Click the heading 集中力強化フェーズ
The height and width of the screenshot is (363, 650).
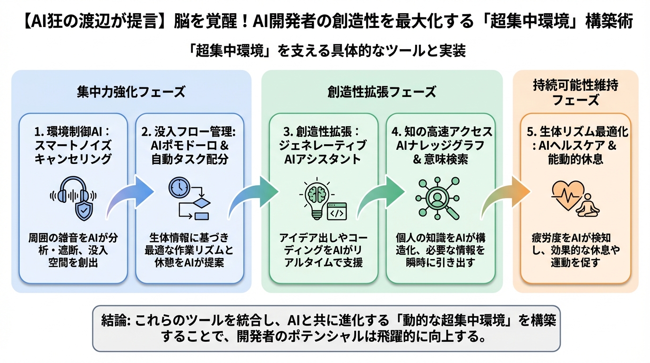coord(131,92)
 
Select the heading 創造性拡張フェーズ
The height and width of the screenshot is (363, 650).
coord(381,92)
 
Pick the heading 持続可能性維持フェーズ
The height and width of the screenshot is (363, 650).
coord(575,93)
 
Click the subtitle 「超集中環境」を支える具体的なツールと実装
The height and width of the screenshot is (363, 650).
coord(325,50)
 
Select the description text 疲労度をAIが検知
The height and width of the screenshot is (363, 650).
coord(575,238)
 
